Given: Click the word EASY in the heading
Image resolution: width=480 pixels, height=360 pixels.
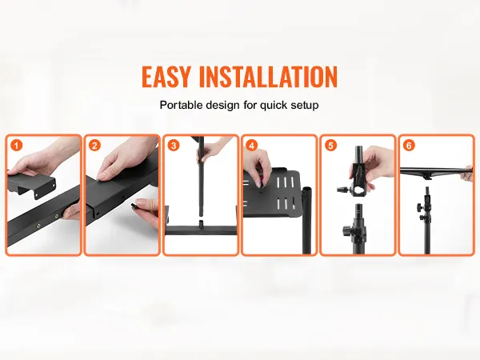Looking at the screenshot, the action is coord(166,76).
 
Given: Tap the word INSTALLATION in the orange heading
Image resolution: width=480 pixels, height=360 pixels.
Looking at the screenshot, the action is coord(268,76).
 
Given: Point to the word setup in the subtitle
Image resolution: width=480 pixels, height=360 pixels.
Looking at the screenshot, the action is coord(305,106).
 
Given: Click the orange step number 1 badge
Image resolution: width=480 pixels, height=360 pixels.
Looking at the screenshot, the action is coord(16,145).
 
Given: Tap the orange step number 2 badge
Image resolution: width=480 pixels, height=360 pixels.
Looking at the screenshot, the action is coord(94,145).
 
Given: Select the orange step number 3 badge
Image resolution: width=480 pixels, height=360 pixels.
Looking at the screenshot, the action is coord(174,145).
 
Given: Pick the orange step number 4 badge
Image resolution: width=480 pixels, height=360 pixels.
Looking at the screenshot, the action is coord(252,145).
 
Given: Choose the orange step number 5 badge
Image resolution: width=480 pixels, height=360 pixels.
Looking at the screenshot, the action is coord(330,145).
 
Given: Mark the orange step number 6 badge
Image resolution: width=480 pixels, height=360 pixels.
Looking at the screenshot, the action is coord(409,145).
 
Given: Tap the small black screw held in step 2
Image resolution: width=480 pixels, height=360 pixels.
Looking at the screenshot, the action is coord(134,206).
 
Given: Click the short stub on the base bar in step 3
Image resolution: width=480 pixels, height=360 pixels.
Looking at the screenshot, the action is coord(201,223).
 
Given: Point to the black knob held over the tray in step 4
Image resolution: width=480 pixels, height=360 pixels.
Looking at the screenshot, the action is coord(261,182).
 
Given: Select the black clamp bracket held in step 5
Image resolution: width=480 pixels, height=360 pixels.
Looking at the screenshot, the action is coord(358,178).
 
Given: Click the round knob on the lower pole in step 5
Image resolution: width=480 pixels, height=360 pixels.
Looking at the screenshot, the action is coord(348,229).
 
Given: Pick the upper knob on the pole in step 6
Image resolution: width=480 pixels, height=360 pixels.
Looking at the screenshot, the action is coord(419,206).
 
